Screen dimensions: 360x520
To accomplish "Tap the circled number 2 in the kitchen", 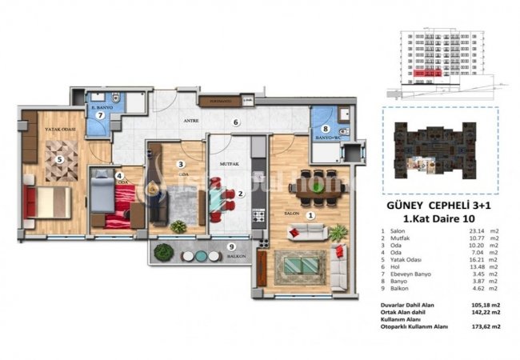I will [240, 194].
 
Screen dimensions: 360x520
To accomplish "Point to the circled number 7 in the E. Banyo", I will [101, 114].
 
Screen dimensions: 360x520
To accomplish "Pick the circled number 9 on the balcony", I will [231, 246].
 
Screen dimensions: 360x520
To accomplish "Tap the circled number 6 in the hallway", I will [235, 122].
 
